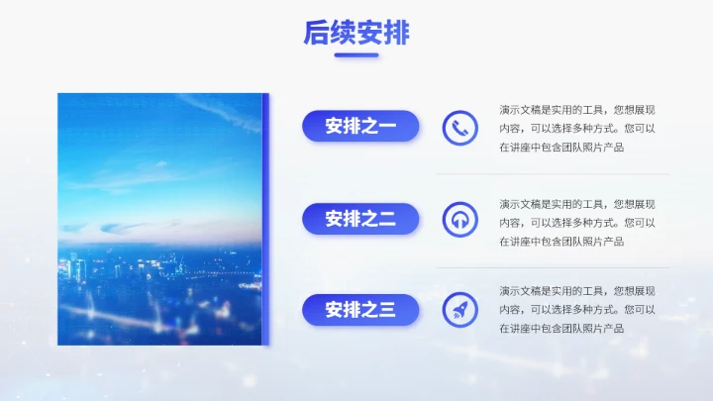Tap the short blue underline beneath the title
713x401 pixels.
tap(356, 55)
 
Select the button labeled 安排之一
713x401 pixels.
tap(360, 126)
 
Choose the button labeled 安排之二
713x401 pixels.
tap(360, 219)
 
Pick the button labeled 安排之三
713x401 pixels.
tap(360, 310)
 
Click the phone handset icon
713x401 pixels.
tap(459, 127)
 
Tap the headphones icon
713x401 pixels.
tap(459, 219)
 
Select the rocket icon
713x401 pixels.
tap(459, 310)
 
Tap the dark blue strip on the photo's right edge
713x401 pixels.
tap(265, 219)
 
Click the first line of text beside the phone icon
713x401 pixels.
tap(576, 109)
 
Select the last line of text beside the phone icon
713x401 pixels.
tap(561, 147)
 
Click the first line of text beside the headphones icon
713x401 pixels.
tap(576, 203)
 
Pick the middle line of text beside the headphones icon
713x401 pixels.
tap(576, 222)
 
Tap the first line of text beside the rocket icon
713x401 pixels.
tap(576, 290)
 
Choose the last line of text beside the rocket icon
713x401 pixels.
tap(561, 328)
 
